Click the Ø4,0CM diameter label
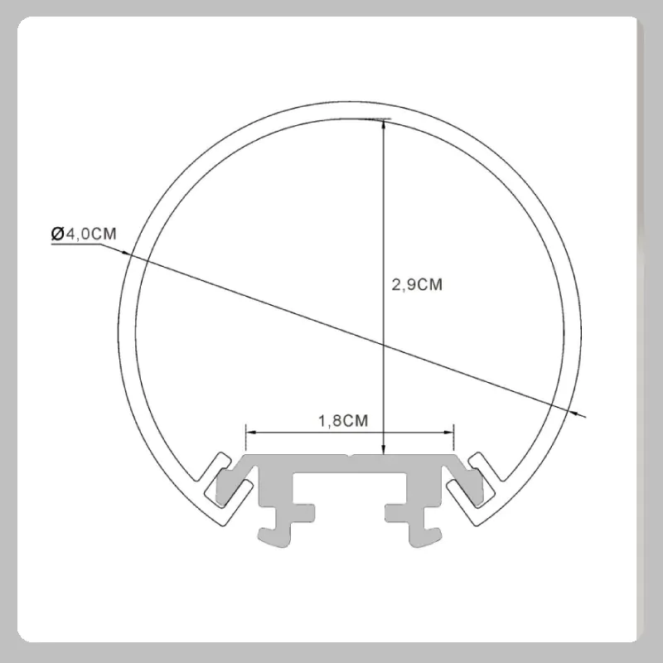84,234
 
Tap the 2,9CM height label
417,284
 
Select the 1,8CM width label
343,421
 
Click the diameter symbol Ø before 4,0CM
57,234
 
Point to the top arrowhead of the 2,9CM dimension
384,125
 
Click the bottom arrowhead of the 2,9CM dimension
384,450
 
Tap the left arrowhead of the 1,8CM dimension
251,432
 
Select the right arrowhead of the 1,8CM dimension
448,432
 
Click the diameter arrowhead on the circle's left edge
125,253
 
